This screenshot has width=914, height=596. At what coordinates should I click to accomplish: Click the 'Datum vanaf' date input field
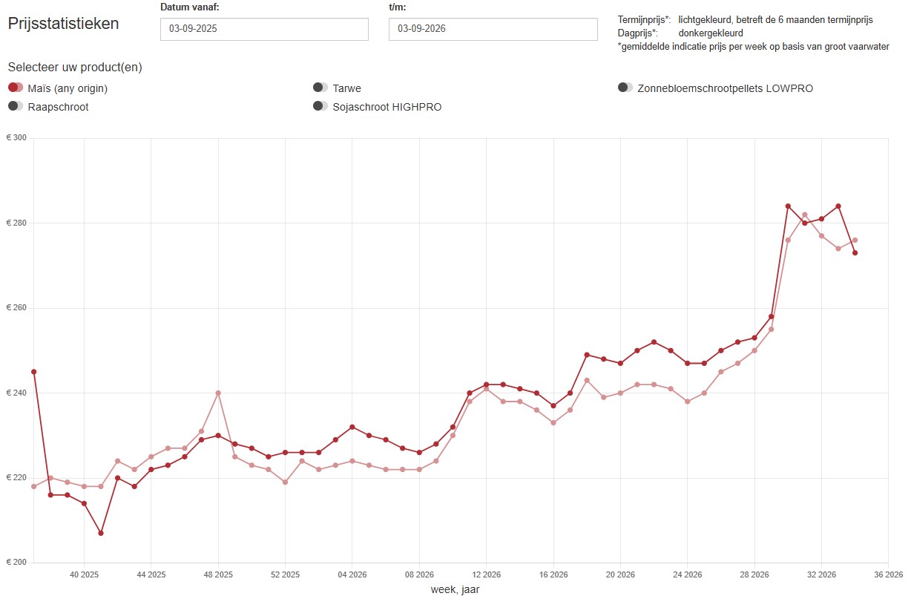[264, 29]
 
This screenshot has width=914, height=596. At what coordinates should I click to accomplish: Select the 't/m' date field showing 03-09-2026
[493, 29]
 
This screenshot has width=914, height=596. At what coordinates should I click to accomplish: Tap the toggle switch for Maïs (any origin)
[16, 88]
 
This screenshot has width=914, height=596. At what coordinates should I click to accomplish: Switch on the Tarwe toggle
[320, 88]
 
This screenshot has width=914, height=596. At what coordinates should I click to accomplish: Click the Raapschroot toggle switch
[16, 106]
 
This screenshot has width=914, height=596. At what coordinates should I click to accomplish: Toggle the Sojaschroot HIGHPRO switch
[320, 106]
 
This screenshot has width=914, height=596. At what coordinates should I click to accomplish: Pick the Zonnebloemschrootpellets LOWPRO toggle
[625, 88]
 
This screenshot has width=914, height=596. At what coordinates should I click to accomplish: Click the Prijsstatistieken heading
[63, 24]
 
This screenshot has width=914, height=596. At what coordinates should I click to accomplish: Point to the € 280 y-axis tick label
[16, 223]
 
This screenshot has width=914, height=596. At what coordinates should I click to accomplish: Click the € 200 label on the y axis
[16, 562]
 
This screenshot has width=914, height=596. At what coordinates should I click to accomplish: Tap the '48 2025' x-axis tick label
[218, 574]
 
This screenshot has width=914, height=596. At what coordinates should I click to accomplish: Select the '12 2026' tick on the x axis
[487, 574]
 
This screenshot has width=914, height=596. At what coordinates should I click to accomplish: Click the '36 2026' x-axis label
[888, 574]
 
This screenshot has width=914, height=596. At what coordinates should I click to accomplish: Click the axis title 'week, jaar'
[455, 589]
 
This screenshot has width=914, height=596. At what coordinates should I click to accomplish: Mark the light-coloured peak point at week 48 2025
[218, 393]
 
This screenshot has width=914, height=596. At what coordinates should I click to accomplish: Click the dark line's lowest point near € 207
[101, 533]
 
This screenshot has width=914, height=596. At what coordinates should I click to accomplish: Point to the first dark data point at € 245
[34, 372]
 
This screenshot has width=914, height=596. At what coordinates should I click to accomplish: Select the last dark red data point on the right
[855, 253]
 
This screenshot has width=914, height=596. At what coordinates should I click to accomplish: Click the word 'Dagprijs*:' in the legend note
[638, 33]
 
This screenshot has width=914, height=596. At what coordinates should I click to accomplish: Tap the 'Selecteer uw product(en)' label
[75, 68]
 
